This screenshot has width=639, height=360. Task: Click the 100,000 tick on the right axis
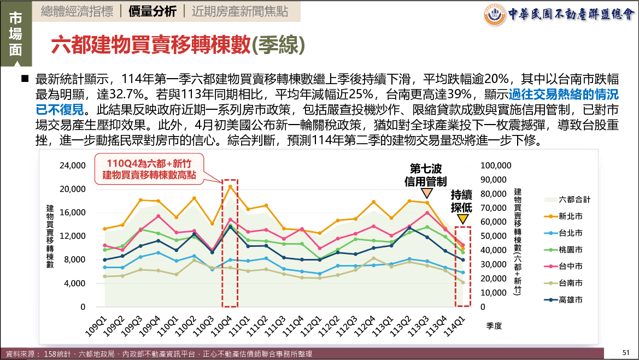(495, 165)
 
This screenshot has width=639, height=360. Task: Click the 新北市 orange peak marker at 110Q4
(230, 186)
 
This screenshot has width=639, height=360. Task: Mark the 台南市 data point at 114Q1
(463, 282)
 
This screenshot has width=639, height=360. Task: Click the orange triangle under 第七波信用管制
(426, 193)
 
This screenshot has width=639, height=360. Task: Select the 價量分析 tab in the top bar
(153, 11)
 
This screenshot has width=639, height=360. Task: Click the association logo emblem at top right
(495, 14)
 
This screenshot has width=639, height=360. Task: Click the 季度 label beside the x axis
(494, 325)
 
